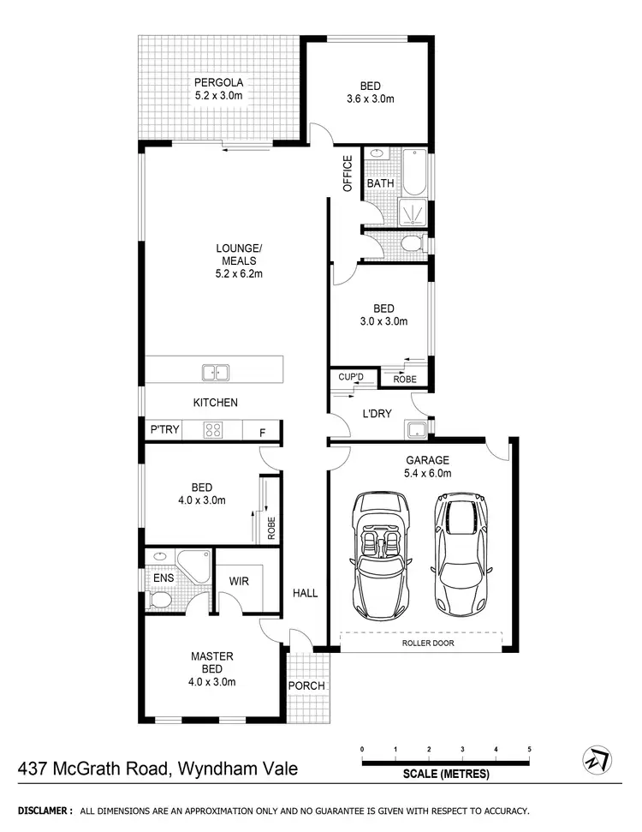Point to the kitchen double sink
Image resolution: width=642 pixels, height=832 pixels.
tap(215, 372)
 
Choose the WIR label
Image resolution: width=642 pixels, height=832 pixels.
tap(239, 581)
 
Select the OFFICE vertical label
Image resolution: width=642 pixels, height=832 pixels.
tap(348, 174)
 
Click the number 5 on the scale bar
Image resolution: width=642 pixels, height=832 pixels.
tap(529, 749)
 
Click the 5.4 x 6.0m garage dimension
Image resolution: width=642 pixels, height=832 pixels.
tap(428, 473)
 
